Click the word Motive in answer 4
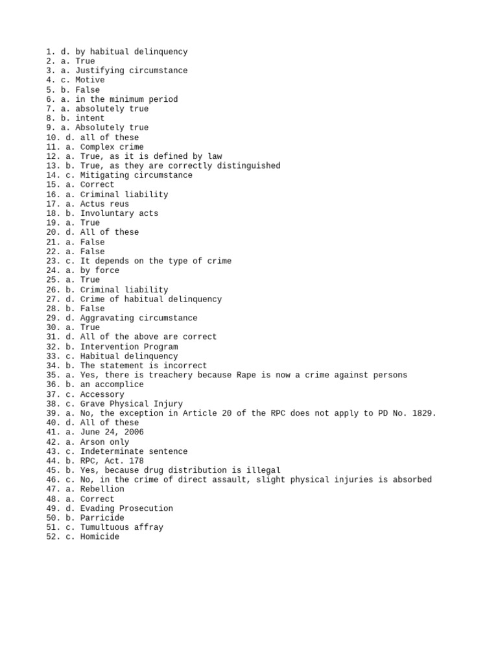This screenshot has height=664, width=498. click(90, 80)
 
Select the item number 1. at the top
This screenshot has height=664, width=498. click(51, 52)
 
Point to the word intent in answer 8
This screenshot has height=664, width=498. click(90, 118)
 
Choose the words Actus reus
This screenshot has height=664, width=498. click(104, 204)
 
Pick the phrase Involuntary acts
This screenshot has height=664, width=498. click(119, 213)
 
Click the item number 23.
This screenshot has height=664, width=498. click(53, 261)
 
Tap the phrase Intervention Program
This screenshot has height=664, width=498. click(129, 347)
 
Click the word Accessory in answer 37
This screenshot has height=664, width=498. click(102, 394)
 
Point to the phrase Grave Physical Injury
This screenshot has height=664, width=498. click(132, 403)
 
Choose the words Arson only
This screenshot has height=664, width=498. click(104, 442)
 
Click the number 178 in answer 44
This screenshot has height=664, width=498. click(136, 461)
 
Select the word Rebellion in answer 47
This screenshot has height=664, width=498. click(102, 489)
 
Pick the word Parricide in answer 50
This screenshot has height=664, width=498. click(102, 518)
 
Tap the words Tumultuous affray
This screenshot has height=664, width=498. click(122, 527)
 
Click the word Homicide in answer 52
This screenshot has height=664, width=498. click(100, 537)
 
